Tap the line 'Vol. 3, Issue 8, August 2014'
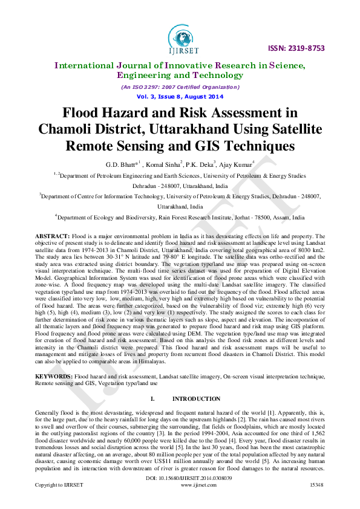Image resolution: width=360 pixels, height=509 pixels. [x=180, y=97]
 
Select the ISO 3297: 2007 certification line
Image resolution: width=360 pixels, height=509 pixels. [x=180, y=87]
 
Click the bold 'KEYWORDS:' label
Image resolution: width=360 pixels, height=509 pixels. [x=54, y=377]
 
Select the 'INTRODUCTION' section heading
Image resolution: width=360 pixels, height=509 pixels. [x=197, y=399]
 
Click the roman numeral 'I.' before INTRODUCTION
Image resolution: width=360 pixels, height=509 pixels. [x=152, y=399]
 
